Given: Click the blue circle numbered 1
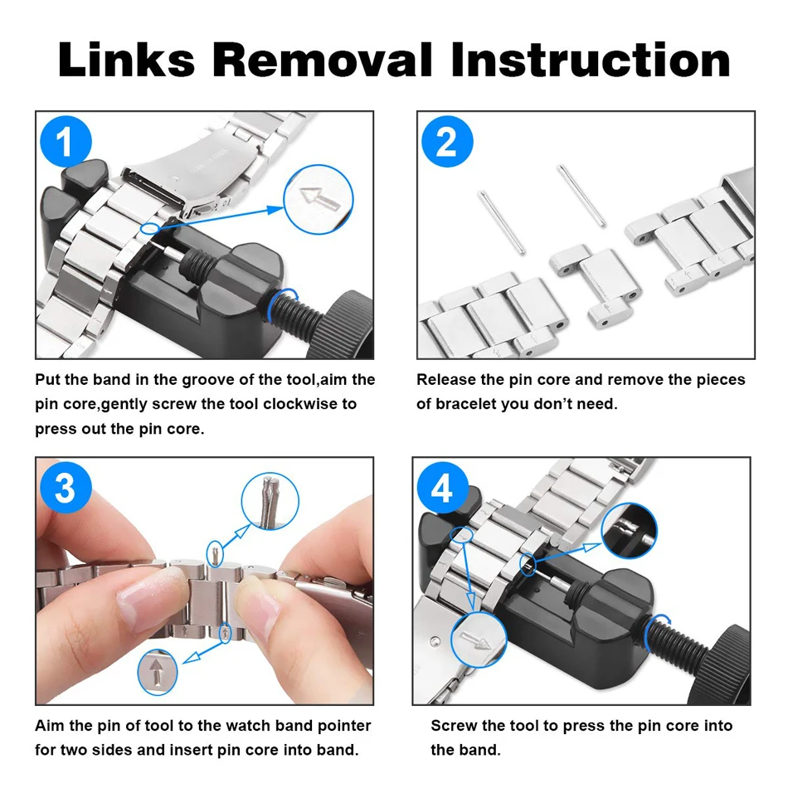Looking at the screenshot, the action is (x=66, y=141).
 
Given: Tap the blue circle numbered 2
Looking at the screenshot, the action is (x=447, y=141).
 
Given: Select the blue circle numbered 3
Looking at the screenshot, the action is (x=66, y=488).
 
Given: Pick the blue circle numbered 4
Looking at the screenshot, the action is (x=442, y=488).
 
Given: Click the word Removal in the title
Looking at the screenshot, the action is (x=322, y=61).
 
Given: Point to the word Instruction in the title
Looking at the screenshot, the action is (x=590, y=61).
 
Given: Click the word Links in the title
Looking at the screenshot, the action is (x=126, y=61).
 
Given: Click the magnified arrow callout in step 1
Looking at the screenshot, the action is (x=319, y=200).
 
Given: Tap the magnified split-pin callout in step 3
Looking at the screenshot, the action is (x=270, y=501).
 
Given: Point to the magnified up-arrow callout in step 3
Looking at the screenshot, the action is (x=158, y=672).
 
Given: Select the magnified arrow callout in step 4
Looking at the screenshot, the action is (x=479, y=640).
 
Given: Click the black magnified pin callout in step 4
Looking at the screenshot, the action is (x=630, y=531).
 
